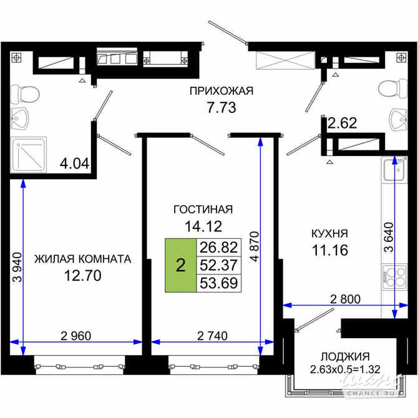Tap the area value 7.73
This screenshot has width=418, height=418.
pyautogui.click(x=221, y=107)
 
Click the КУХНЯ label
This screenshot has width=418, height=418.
pyautogui.click(x=329, y=234)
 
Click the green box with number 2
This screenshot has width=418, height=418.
pyautogui.click(x=180, y=265)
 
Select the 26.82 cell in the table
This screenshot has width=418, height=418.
pyautogui.click(x=218, y=247)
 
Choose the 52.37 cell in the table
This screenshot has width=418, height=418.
pyautogui.click(x=218, y=265)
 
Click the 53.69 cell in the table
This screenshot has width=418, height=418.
pyautogui.click(x=218, y=283)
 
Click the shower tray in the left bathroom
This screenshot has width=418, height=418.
pyautogui.click(x=25, y=155)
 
